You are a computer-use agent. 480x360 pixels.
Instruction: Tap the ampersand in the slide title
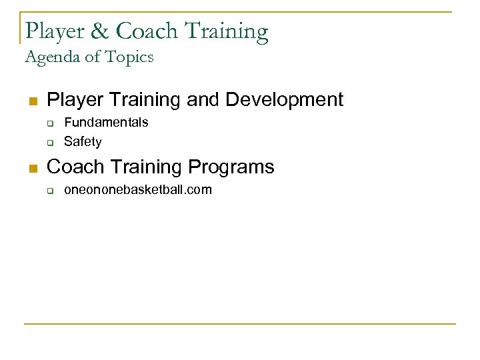103,31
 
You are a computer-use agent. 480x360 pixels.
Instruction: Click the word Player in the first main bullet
74,100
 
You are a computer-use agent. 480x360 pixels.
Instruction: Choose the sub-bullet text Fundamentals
106,123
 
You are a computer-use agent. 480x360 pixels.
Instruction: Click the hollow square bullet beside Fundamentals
49,123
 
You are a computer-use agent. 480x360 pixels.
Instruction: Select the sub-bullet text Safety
83,141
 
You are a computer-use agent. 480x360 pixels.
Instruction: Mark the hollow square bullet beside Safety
49,142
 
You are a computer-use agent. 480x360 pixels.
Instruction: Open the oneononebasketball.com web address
137,189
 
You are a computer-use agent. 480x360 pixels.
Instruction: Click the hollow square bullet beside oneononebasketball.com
49,190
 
